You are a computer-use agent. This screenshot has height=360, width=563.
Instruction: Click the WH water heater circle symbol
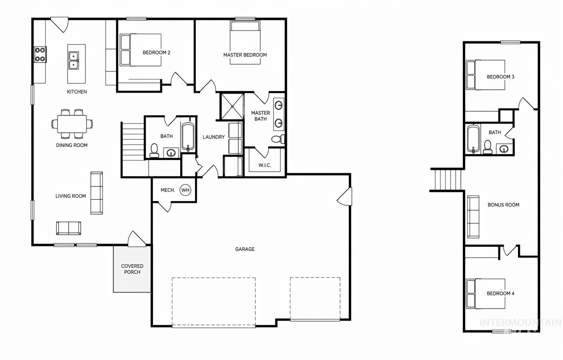(185, 190)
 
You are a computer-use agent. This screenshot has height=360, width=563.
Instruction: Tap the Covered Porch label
(132, 269)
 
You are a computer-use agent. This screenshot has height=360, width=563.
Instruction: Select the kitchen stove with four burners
(40, 54)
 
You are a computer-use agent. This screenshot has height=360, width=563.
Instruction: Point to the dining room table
(72, 124)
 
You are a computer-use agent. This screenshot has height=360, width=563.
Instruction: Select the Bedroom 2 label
(156, 52)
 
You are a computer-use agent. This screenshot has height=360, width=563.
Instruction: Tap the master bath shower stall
(232, 106)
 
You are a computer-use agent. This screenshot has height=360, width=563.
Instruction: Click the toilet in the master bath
(278, 139)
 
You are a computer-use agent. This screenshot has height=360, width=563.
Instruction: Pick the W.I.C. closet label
(265, 165)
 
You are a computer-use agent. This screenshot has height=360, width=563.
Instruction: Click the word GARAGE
(245, 249)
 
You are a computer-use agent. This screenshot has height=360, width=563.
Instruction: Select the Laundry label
(214, 137)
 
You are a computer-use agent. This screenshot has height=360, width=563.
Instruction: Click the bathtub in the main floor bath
(188, 137)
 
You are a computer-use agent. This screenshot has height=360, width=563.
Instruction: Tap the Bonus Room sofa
(473, 217)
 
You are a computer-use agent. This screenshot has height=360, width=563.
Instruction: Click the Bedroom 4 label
(501, 293)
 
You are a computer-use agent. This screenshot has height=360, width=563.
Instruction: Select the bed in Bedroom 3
(485, 75)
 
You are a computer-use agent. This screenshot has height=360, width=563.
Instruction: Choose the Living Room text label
(71, 196)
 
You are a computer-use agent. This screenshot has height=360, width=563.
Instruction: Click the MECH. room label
(168, 190)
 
